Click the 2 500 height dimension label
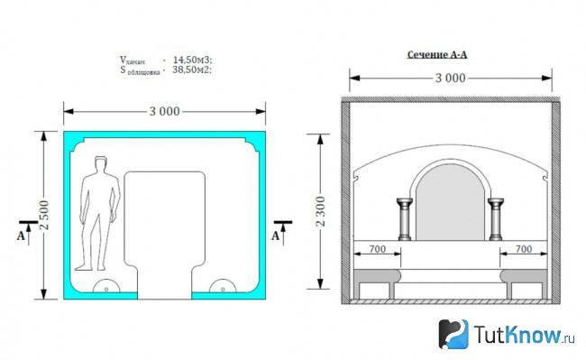pos(44,215)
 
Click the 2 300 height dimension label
pos(321,211)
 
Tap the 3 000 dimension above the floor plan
pos(164,111)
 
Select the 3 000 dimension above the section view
pos(451,78)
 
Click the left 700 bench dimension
pos(377,249)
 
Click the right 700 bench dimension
pos(524,249)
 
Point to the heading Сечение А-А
pos(437,54)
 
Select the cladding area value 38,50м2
pos(192,69)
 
